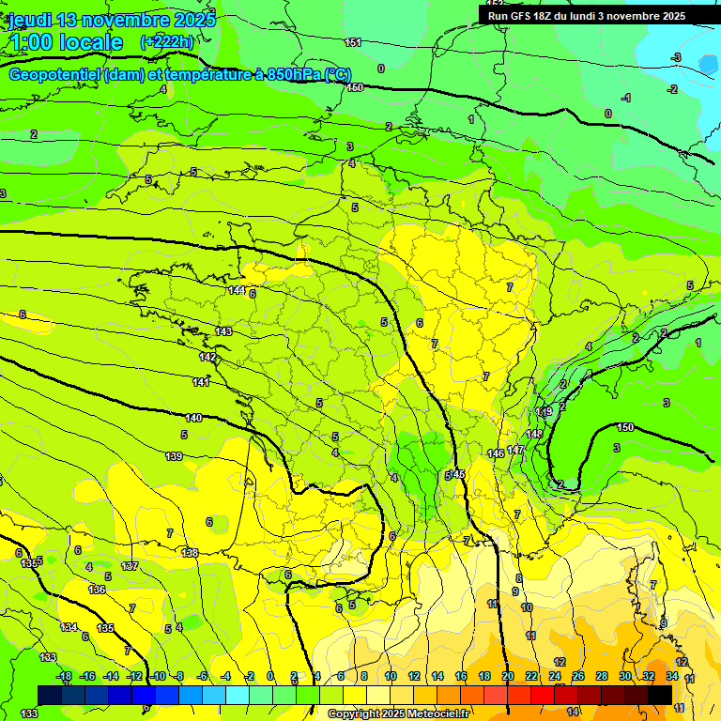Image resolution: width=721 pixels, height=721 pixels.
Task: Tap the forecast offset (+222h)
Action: pyautogui.click(x=167, y=41)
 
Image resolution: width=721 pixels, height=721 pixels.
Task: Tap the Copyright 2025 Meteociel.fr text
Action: pyautogui.click(x=398, y=714)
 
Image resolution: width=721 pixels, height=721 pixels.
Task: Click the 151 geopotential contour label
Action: pyautogui.click(x=353, y=42)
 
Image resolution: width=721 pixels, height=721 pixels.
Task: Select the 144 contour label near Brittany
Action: pyautogui.click(x=237, y=290)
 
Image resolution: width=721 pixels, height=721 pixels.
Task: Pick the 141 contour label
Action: pyautogui.click(x=201, y=382)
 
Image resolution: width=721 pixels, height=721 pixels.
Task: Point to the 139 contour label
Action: pyautogui.click(x=174, y=456)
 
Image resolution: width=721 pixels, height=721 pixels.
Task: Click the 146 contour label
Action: pyautogui.click(x=497, y=453)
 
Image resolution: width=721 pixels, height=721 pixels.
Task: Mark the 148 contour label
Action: pyautogui.click(x=534, y=434)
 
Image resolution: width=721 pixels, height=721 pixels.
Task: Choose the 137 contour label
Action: pyautogui.click(x=130, y=566)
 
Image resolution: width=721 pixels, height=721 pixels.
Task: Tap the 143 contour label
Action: pyautogui.click(x=223, y=331)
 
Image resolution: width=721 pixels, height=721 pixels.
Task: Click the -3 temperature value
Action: pyautogui.click(x=676, y=58)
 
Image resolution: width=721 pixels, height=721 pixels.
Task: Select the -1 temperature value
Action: pyautogui.click(x=626, y=98)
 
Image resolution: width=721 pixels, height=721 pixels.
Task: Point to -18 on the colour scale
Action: pyautogui.click(x=64, y=676)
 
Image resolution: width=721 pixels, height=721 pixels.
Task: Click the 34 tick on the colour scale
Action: pyautogui.click(x=672, y=676)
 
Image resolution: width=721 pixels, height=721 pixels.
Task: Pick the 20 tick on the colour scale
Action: pyautogui.click(x=508, y=676)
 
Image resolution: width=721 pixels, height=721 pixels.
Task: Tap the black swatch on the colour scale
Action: pyautogui.click(x=660, y=695)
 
